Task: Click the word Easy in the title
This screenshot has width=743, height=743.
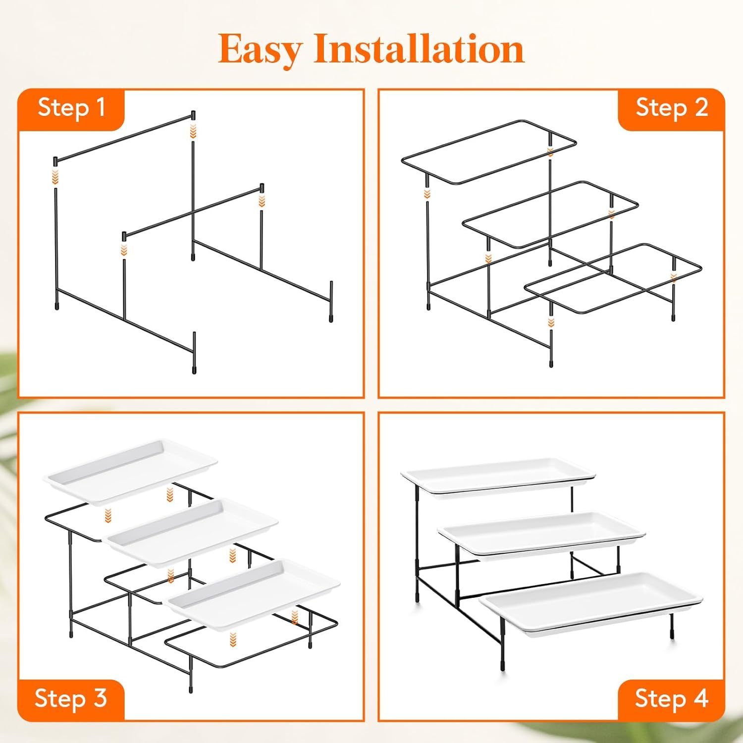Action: [x=260, y=50]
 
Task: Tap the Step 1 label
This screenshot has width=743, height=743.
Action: [x=71, y=107]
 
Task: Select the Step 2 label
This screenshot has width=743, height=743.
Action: [x=672, y=107]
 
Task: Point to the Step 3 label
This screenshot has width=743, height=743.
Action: [x=71, y=698]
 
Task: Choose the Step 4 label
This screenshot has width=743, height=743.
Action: [x=672, y=698]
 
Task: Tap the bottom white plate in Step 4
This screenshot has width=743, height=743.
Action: [x=592, y=601]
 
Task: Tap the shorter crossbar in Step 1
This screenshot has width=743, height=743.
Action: [x=193, y=212]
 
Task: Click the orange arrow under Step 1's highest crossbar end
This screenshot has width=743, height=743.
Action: [x=193, y=131]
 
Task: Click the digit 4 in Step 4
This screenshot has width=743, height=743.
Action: [x=700, y=698]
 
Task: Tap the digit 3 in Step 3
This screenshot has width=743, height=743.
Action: [x=100, y=698]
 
